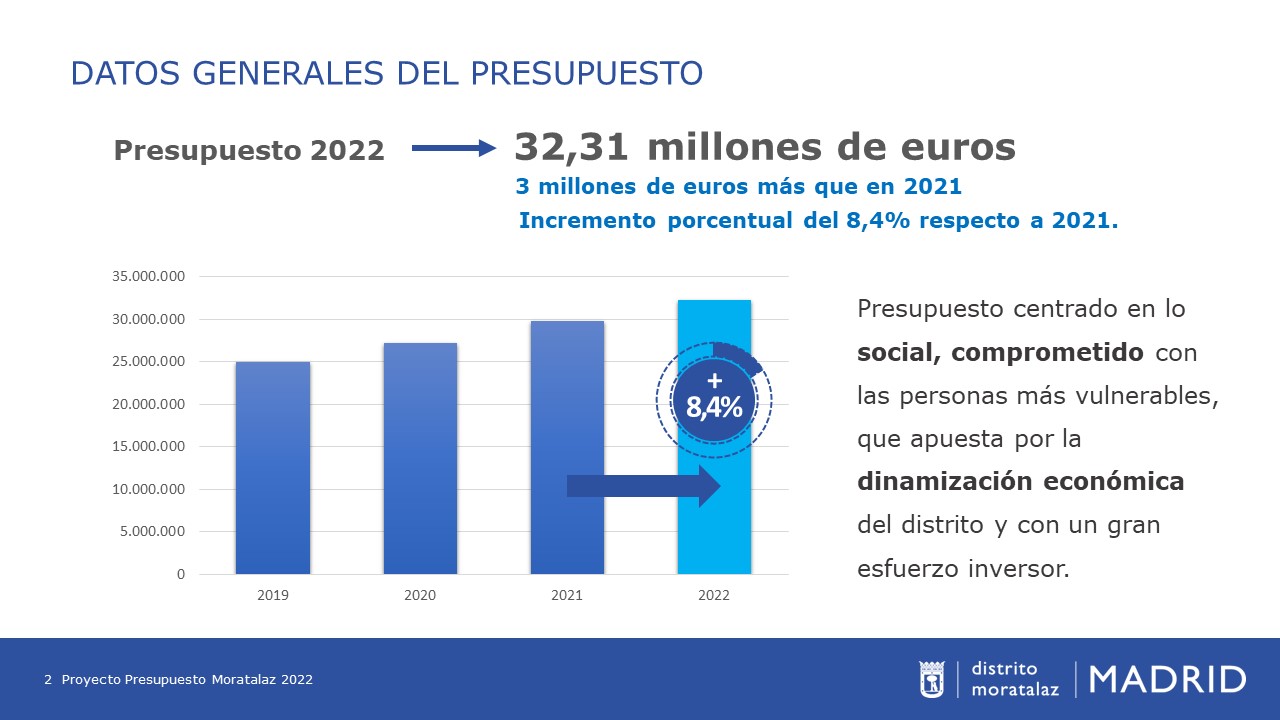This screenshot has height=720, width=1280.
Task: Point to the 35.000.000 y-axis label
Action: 149,277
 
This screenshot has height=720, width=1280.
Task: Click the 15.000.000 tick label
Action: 149,447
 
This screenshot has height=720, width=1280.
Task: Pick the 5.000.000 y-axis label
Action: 152,532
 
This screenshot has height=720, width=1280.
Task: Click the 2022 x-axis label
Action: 714,595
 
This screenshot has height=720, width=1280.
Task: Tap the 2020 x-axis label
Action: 420,595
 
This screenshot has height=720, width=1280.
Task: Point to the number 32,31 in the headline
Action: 571,147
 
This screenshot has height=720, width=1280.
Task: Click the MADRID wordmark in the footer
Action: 1167,679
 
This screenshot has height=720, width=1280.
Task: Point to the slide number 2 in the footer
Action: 48,680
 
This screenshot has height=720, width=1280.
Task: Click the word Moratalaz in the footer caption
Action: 245,680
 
